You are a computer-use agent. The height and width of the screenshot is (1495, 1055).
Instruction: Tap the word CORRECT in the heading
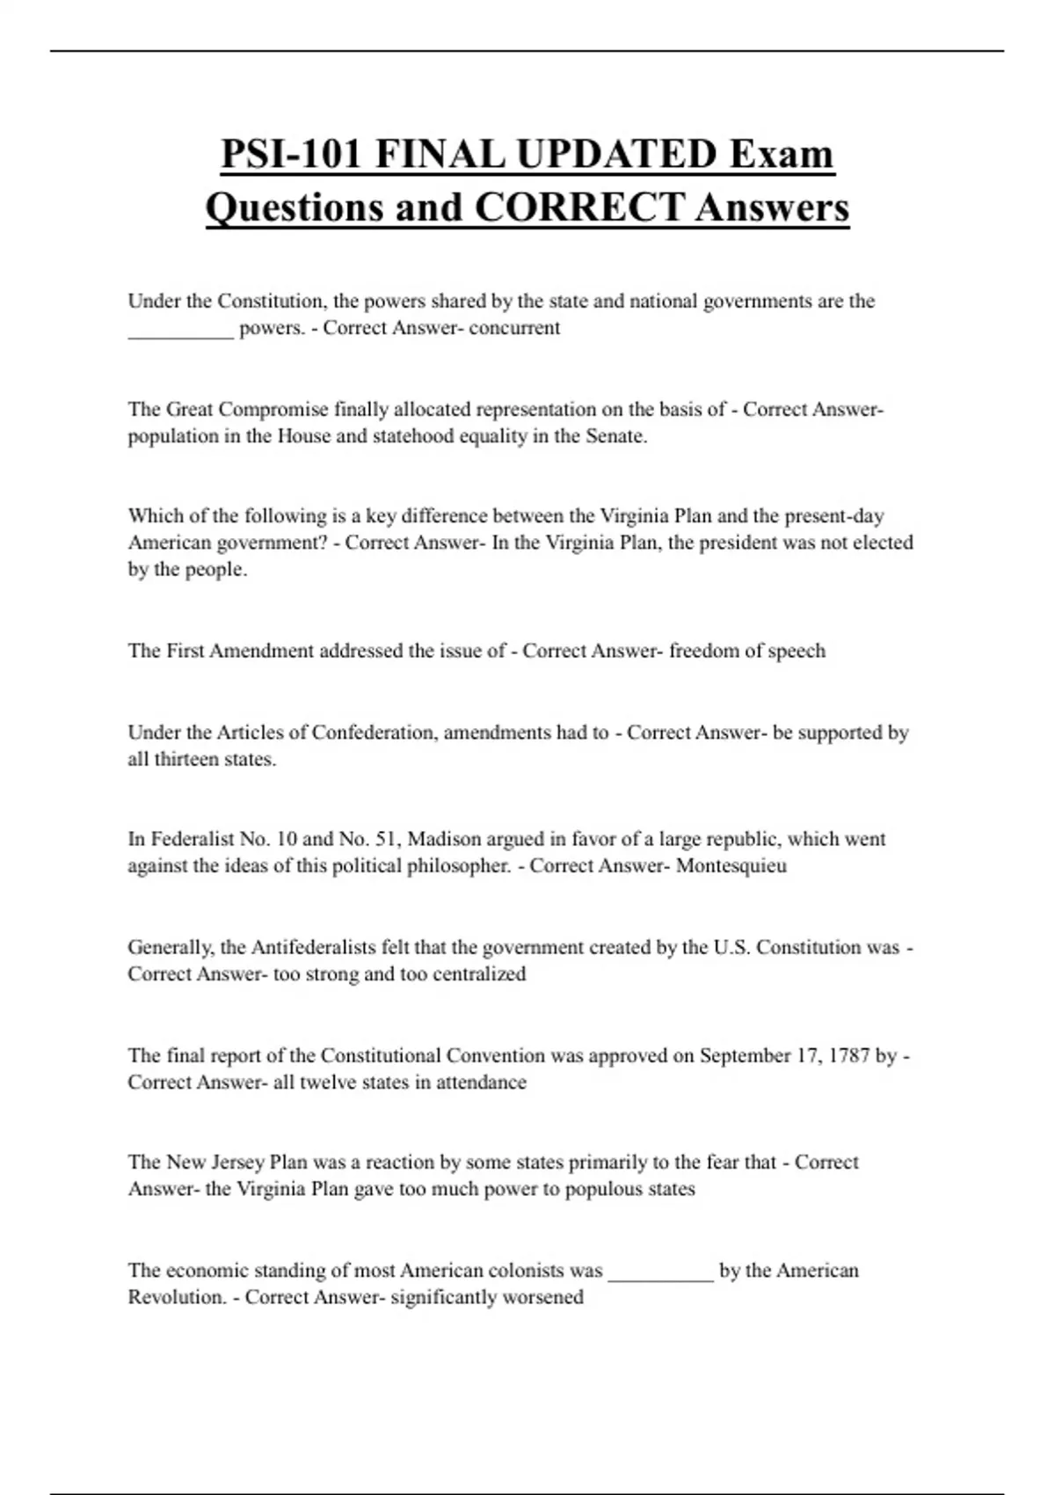579,208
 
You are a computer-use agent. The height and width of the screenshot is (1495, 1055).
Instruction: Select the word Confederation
373,733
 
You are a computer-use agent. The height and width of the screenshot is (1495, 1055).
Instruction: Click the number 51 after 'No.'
386,839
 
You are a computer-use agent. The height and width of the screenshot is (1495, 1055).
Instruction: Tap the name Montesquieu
731,865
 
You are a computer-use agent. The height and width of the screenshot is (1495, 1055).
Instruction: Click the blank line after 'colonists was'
660,1277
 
